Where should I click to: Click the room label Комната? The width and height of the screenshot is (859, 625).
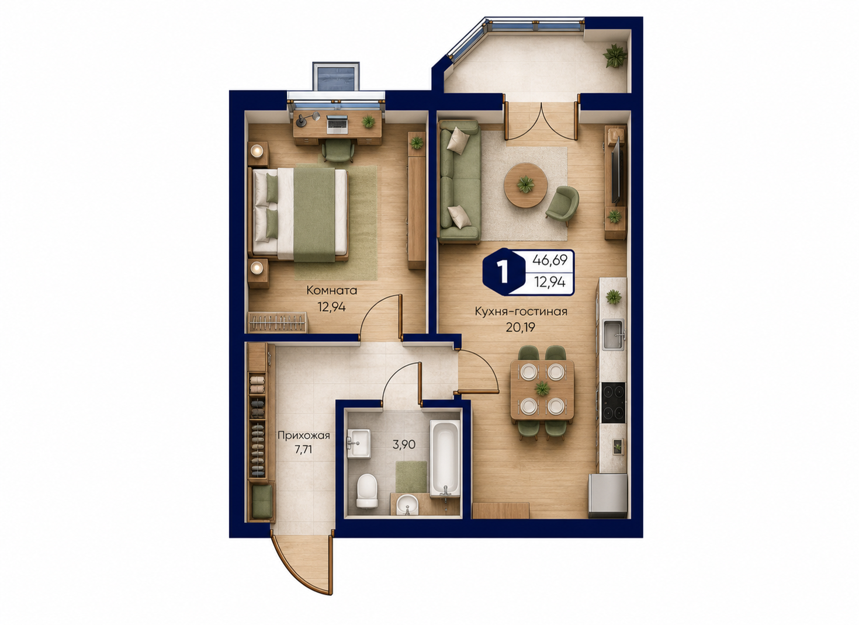point(332,291)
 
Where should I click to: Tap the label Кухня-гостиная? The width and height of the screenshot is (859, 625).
point(521,311)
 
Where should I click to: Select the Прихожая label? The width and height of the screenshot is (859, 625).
point(304,436)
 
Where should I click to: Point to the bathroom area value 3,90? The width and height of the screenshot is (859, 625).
point(404,445)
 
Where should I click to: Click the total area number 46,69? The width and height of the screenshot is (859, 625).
point(549,261)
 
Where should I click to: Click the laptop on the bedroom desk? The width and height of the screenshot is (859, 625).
point(337,124)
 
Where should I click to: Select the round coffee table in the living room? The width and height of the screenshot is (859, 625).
point(525,185)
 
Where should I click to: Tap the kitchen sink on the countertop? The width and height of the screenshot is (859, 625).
point(614,334)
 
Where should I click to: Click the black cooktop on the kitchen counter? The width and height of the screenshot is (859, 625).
point(613,402)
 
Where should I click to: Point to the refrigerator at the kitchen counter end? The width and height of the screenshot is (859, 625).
point(608,495)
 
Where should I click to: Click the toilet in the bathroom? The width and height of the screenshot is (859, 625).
point(366,491)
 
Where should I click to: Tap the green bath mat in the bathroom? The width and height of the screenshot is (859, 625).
point(411,477)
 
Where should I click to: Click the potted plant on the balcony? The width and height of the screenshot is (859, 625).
point(615,56)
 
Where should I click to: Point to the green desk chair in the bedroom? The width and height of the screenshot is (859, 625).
point(338,150)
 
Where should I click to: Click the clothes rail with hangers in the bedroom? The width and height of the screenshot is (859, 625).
point(278,322)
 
